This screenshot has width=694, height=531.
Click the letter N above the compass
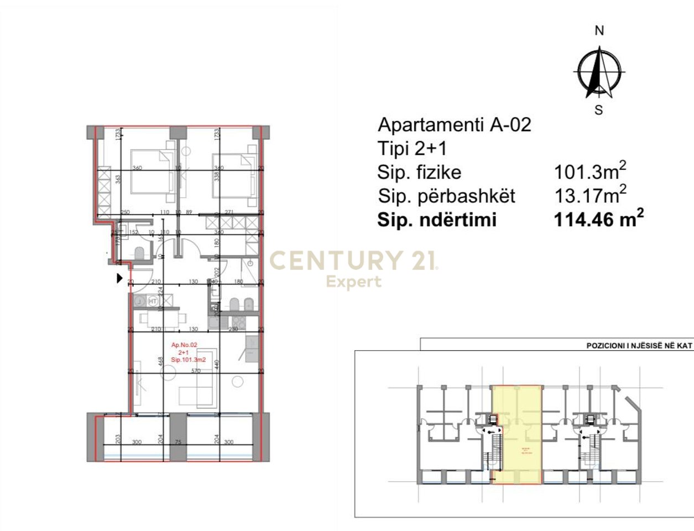(599, 31)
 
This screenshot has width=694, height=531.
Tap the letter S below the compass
(598, 110)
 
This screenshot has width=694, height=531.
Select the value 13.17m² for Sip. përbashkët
(591, 195)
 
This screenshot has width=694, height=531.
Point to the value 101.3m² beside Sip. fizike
(591, 171)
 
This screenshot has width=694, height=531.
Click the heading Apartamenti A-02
(454, 124)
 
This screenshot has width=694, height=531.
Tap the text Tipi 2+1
(412, 148)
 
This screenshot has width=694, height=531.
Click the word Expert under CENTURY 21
(353, 282)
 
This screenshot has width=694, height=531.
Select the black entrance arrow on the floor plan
(119, 278)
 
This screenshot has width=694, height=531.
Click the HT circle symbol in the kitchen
(153, 301)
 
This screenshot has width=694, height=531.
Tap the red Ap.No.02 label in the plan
(184, 345)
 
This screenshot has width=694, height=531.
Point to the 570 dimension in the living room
(196, 371)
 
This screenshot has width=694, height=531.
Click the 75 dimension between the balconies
(178, 442)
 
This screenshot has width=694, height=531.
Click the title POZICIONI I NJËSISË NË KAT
(639, 345)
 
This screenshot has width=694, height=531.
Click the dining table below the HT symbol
(163, 318)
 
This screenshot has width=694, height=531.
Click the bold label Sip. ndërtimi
(437, 220)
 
